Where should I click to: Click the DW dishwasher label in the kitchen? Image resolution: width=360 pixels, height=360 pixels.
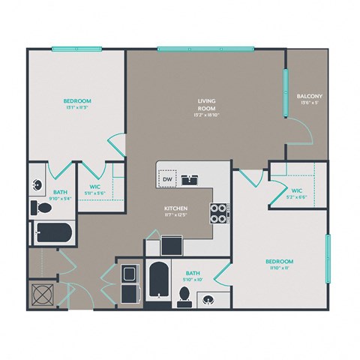167,179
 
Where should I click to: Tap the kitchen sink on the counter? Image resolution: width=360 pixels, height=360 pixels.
192,178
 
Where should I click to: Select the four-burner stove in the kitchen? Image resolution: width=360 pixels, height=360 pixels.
218,214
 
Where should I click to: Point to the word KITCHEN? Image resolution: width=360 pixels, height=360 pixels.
176,208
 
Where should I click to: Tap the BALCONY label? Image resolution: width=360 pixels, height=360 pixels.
310,97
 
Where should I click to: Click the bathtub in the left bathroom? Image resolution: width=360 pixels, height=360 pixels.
52,232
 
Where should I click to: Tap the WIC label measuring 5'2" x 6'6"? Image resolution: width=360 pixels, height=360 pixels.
296,194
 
